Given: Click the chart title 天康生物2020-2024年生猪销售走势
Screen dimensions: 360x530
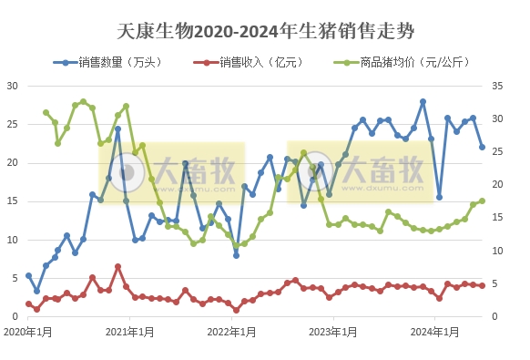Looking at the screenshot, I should tap(265, 31).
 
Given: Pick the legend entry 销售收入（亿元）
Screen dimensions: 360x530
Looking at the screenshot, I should tap(248, 63).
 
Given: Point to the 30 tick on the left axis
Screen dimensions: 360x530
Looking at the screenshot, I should tap(13, 86).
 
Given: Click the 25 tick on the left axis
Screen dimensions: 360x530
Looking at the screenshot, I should tap(13, 124).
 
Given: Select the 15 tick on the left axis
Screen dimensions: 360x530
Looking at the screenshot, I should tap(13, 201).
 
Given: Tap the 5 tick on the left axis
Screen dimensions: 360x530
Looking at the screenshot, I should tap(15, 278).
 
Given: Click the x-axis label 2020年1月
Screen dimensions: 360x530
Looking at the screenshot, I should tap(27, 333).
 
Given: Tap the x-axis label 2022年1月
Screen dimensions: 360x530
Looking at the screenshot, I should tap(230, 333).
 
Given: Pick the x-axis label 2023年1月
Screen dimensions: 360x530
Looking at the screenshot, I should tap(332, 333).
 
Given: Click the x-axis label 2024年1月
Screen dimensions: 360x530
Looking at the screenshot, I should tap(433, 333).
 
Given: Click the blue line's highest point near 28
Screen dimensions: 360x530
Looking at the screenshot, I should tap(423, 101).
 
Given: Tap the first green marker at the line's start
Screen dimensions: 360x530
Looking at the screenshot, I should tap(46, 113).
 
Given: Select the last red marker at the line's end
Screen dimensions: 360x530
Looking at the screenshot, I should tap(482, 286).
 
